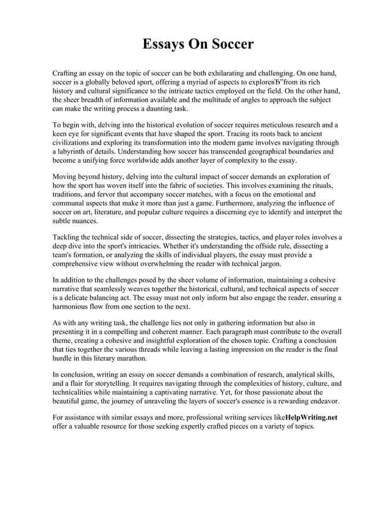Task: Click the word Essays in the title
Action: click(x=163, y=44)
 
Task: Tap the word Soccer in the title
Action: click(x=230, y=44)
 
